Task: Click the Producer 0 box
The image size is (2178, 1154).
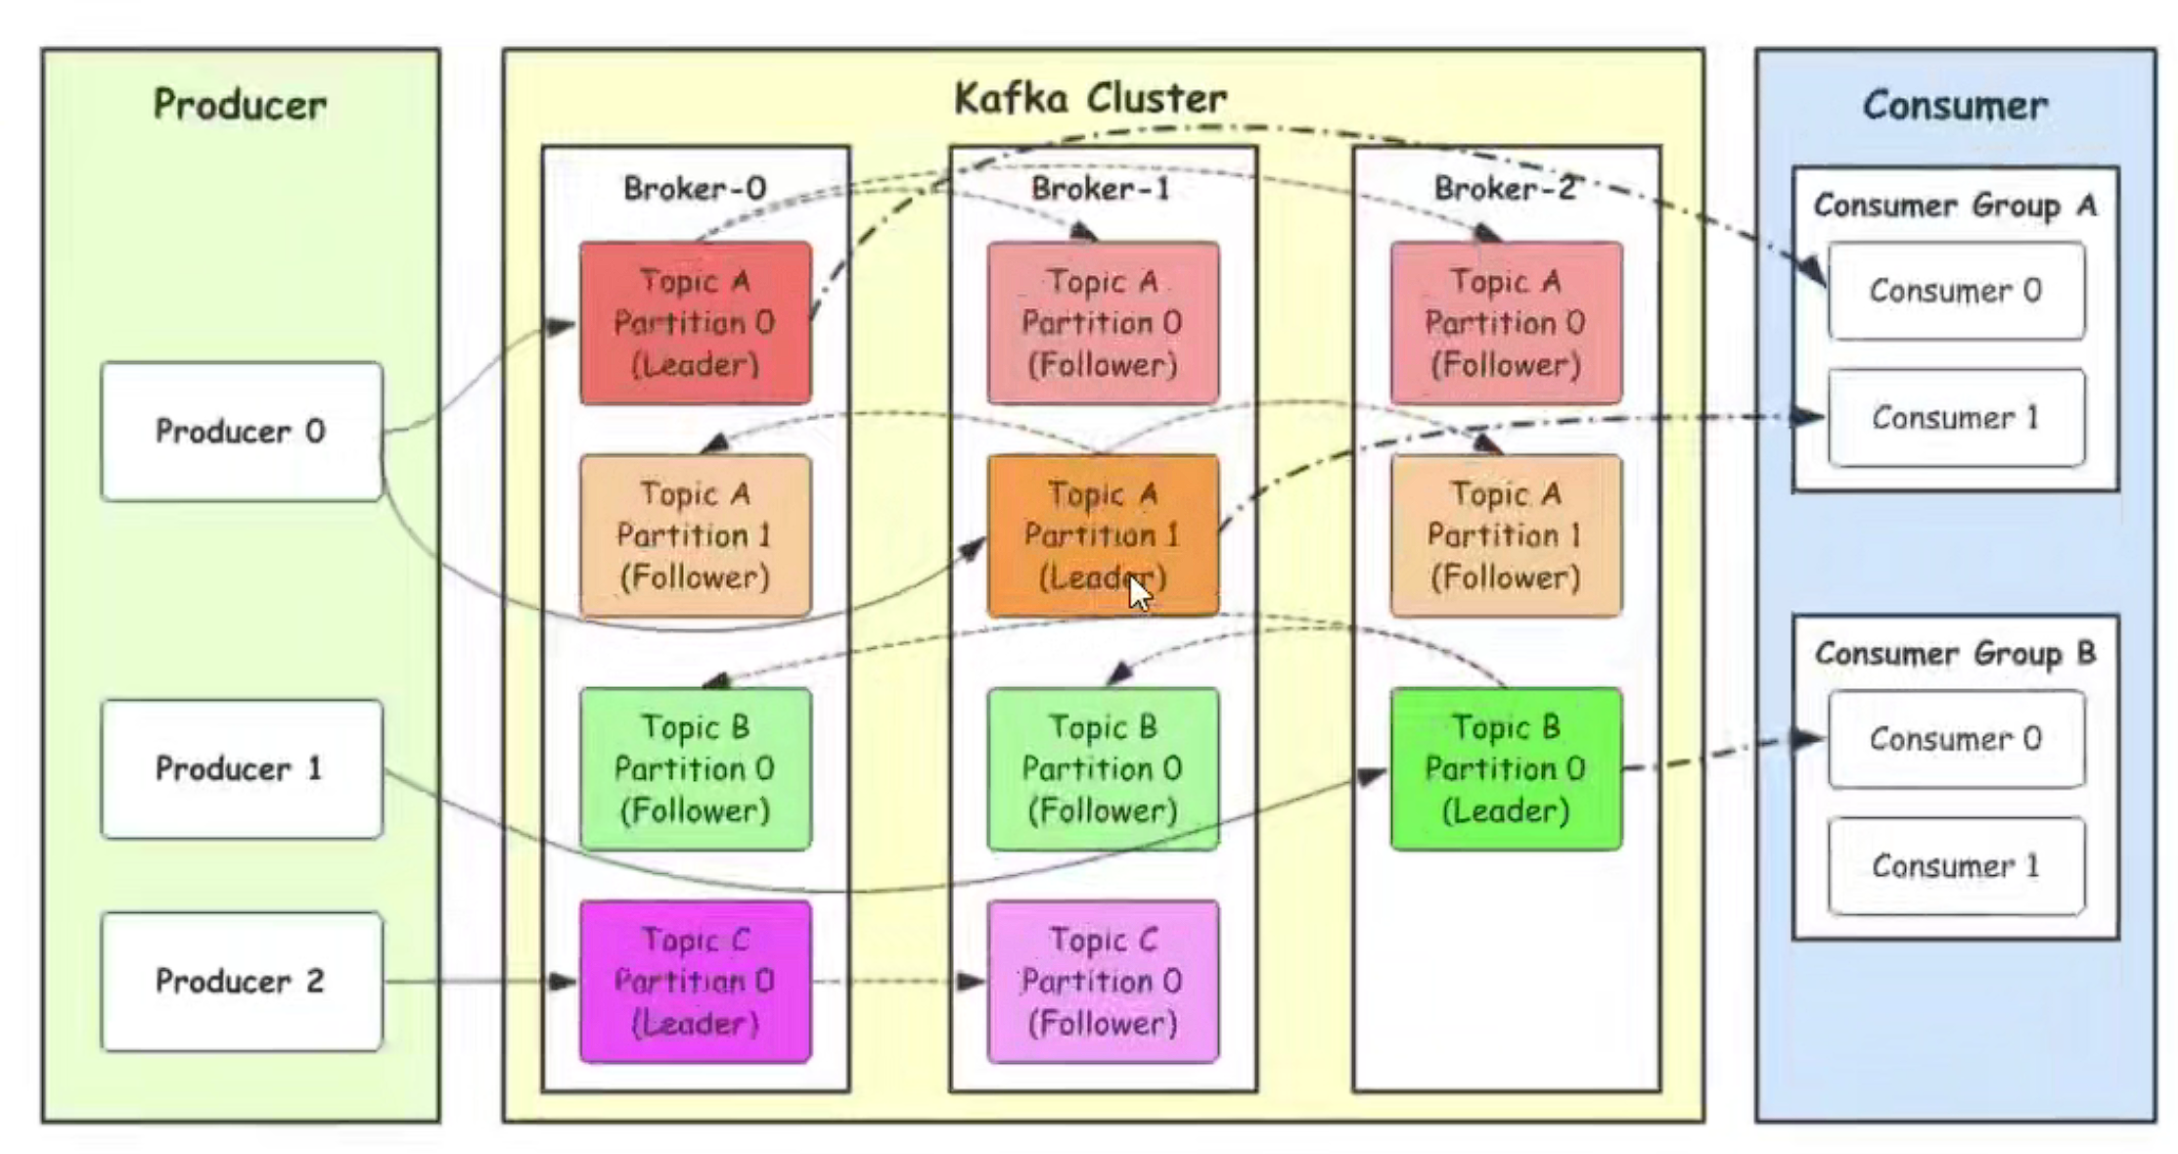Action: point(241,432)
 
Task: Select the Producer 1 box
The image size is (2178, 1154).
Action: point(241,769)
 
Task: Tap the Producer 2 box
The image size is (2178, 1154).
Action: point(241,982)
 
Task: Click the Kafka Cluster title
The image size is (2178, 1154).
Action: point(1090,98)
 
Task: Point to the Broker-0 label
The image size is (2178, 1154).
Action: point(695,188)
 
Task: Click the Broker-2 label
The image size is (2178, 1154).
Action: point(1505,188)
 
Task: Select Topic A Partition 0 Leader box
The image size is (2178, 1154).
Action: point(695,323)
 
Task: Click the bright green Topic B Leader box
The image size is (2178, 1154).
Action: point(1506,769)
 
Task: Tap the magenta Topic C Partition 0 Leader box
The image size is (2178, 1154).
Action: point(695,982)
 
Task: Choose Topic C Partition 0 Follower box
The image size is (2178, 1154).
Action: point(1103,982)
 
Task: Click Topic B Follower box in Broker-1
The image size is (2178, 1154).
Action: point(1103,769)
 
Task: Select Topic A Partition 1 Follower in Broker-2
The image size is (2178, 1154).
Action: point(1506,535)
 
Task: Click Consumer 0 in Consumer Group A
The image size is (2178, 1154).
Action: point(1956,291)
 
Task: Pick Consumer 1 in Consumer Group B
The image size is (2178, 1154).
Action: point(1956,866)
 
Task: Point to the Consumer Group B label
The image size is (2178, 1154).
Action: point(1955,653)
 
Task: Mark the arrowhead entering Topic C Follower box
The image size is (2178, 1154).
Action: point(973,982)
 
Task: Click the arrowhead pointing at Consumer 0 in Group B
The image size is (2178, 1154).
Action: point(1809,739)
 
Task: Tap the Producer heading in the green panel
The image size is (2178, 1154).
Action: point(240,105)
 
